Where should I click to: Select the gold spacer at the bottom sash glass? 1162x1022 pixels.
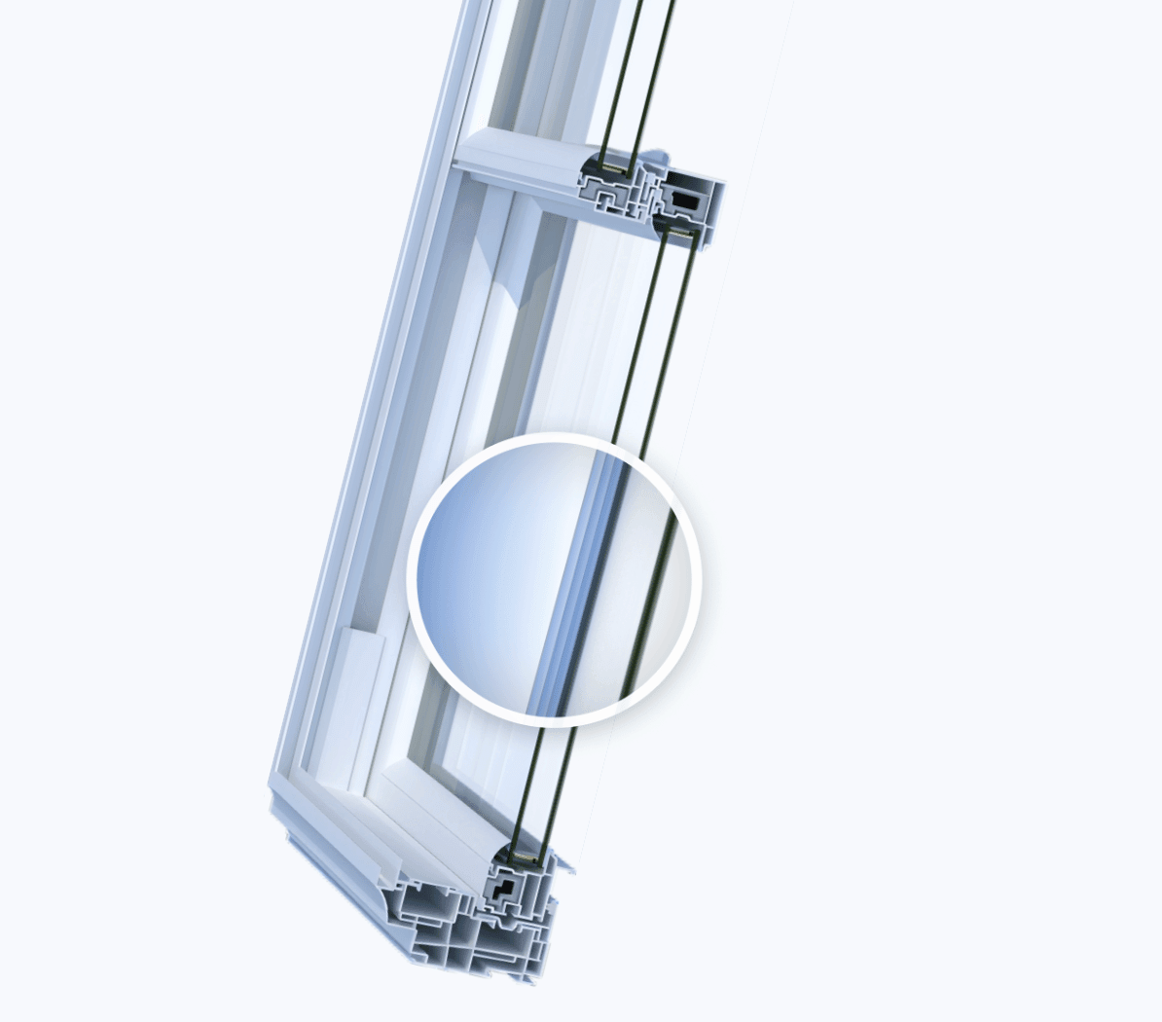(527, 858)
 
